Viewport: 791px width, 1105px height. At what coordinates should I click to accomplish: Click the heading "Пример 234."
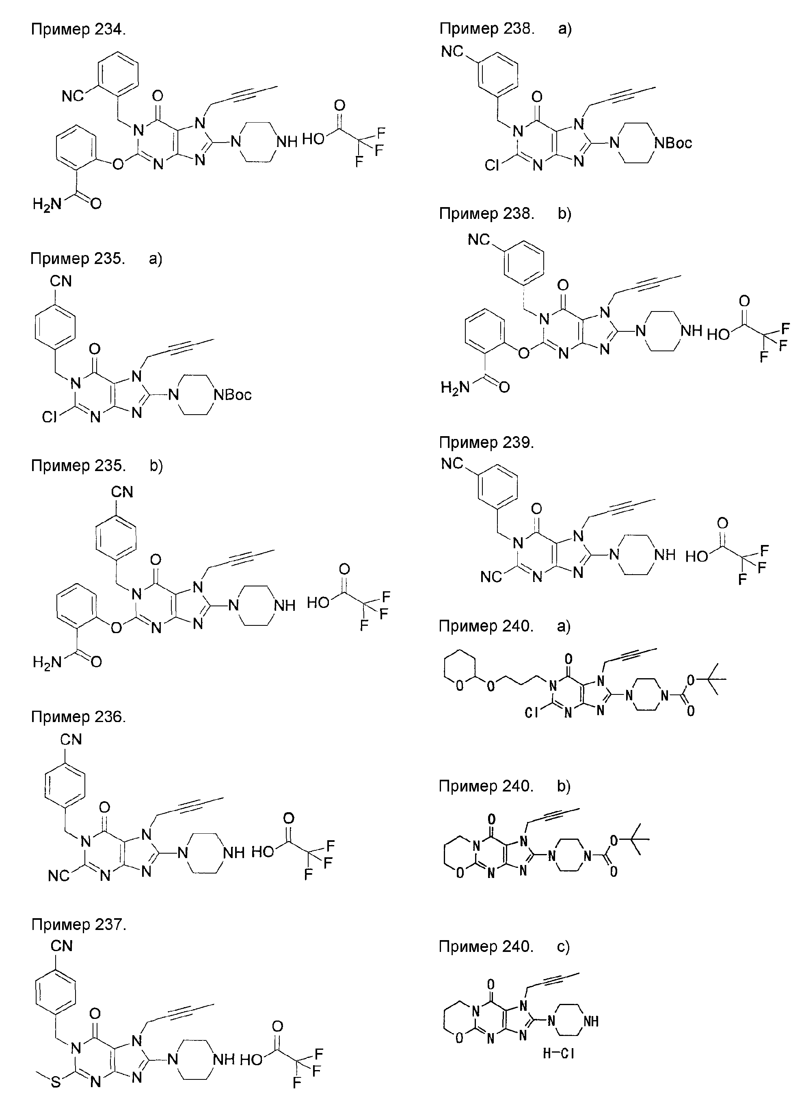[x=78, y=29]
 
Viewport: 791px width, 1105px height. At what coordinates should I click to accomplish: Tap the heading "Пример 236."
[x=78, y=716]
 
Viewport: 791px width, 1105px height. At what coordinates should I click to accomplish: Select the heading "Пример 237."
[x=79, y=924]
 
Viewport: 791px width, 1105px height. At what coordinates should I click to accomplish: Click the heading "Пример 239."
[x=486, y=442]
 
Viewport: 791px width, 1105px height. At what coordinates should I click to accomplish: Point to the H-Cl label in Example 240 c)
[x=558, y=1053]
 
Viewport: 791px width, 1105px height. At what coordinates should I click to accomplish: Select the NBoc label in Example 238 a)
[x=673, y=143]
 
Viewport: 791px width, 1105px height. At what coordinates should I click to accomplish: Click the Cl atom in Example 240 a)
[x=532, y=713]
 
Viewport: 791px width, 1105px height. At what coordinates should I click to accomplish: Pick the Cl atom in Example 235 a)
[x=50, y=417]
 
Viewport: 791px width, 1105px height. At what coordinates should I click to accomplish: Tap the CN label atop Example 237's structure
[x=61, y=946]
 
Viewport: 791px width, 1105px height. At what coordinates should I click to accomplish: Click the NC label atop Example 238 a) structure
[x=452, y=51]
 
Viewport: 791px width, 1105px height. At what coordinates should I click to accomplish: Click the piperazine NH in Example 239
[x=664, y=554]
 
